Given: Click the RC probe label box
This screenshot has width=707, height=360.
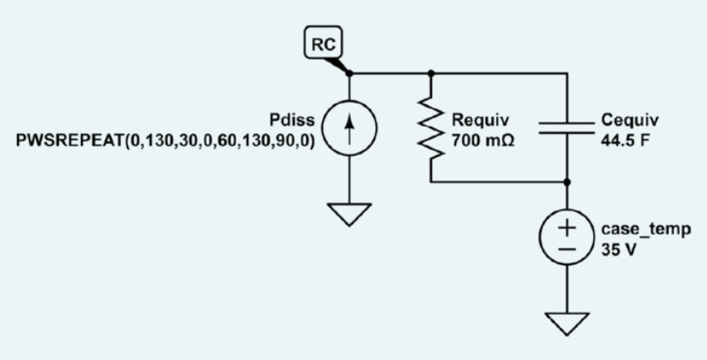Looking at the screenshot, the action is tap(323, 43).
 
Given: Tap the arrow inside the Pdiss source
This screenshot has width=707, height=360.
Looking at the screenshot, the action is tap(350, 129).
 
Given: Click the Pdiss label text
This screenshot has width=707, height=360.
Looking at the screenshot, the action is tap(291, 121).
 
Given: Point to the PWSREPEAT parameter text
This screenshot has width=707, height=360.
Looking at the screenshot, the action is tap(165, 141).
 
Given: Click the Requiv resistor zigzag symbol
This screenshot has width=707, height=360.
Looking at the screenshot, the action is tap(431, 128).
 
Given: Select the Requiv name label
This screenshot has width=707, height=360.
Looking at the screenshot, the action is tap(481, 121).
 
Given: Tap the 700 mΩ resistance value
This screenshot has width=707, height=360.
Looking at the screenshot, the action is tap(483, 141).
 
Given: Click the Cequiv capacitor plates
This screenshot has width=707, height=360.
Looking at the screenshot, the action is tap(567, 128).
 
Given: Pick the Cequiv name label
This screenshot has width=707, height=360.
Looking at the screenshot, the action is tap(630, 121).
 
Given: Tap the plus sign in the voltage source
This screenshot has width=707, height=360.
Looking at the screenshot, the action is tap(567, 228).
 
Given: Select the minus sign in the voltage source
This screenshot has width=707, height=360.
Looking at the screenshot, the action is tap(567, 249).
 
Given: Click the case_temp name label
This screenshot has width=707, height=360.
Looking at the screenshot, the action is tap(646, 230).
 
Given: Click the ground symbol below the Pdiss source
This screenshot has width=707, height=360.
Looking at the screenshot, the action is tap(350, 214).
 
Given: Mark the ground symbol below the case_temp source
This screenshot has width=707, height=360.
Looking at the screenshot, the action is tap(567, 324).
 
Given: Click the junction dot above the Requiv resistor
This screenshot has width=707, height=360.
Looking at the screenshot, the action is tap(431, 73).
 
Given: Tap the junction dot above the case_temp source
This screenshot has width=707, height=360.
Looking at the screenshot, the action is tap(567, 182).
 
